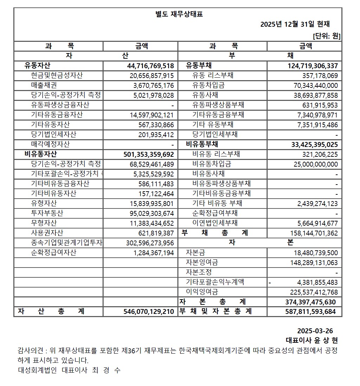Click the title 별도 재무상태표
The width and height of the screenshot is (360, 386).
pyautogui.click(x=179, y=14)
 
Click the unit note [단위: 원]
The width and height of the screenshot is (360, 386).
pyautogui.click(x=326, y=36)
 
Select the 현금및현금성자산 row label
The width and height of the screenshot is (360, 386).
pyautogui.click(x=57, y=75)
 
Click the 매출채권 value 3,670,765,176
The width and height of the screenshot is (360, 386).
pyautogui.click(x=153, y=85)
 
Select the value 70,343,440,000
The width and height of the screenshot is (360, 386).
pyautogui.click(x=315, y=85)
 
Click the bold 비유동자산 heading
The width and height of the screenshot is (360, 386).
pyautogui.click(x=41, y=154)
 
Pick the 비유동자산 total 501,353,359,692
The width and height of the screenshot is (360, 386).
pyautogui.click(x=149, y=154)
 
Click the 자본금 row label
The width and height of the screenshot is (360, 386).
pyautogui.click(x=196, y=252)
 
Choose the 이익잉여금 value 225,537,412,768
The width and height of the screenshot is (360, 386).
pyautogui.click(x=314, y=292)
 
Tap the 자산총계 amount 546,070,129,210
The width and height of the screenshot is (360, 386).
pyautogui.click(x=149, y=312)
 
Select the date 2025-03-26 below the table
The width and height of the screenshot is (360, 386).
pyautogui.click(x=315, y=331)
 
